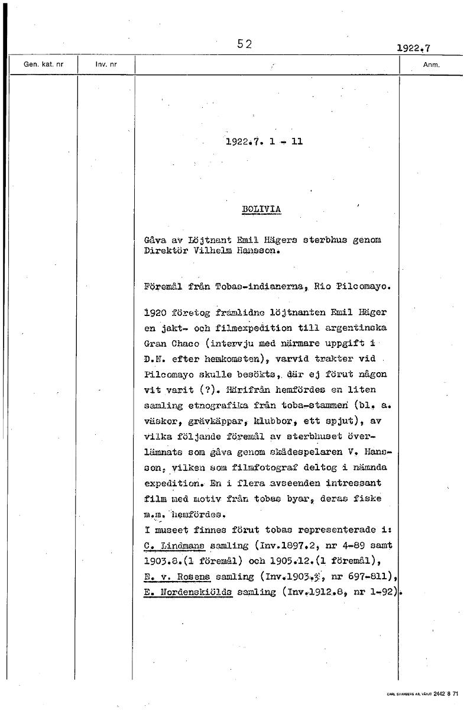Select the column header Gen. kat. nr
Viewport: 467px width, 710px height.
(x=43, y=64)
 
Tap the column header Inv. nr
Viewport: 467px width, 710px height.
(x=106, y=64)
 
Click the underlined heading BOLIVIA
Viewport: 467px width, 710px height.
(x=261, y=209)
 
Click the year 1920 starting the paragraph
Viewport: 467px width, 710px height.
(x=154, y=312)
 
